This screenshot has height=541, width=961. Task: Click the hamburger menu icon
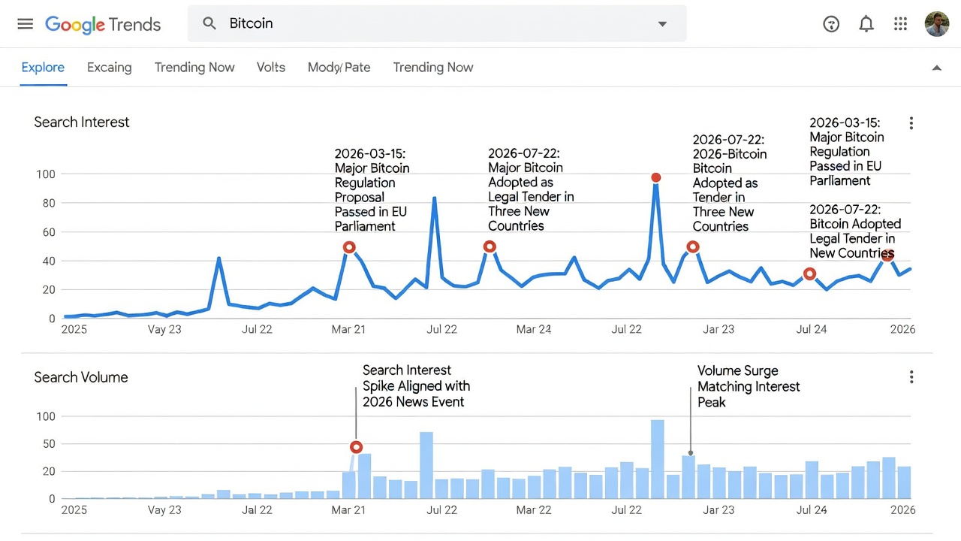(x=26, y=24)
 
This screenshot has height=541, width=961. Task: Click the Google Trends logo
(x=103, y=25)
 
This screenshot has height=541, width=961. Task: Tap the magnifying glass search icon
(x=209, y=23)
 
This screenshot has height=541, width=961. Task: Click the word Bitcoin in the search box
(x=251, y=23)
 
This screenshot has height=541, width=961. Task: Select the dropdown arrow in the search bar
(x=662, y=24)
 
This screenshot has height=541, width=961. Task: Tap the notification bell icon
(x=866, y=23)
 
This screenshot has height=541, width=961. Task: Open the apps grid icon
(x=900, y=23)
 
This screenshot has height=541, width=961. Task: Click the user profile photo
(x=936, y=24)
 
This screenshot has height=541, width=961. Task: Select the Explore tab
(x=43, y=68)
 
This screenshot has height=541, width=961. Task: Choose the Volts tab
(x=271, y=68)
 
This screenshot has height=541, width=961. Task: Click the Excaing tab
(x=110, y=68)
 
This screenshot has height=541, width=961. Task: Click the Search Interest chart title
(x=82, y=122)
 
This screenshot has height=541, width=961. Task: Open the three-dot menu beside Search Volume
(x=911, y=377)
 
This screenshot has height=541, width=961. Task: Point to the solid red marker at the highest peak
(x=655, y=177)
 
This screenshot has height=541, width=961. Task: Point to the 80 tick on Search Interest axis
(x=49, y=203)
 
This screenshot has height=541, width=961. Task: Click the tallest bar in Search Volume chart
(x=657, y=459)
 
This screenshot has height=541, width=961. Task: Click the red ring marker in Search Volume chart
(x=356, y=447)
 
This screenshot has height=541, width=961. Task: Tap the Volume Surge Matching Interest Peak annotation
(x=749, y=386)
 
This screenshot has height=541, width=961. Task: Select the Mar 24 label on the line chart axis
(x=533, y=329)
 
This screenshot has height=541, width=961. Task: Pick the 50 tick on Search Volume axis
(x=49, y=444)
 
